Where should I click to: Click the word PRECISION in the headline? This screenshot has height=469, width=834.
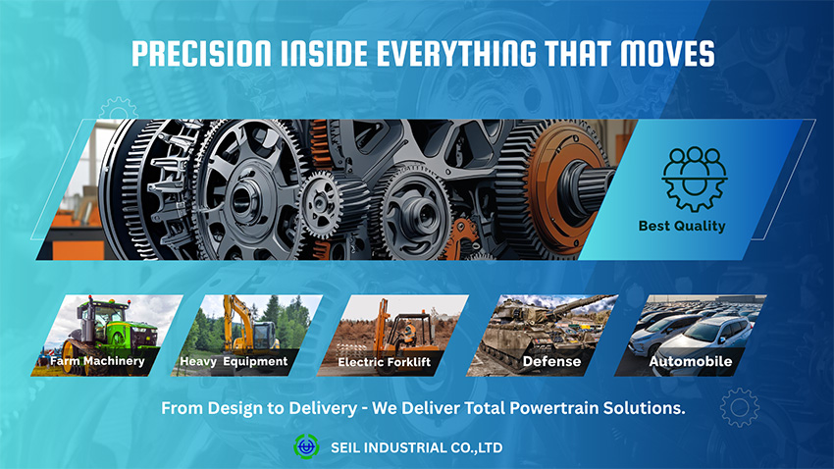201,54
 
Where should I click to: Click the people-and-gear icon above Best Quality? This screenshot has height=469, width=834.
694,180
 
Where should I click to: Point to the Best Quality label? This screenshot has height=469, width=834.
682,226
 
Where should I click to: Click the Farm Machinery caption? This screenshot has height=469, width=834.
97,360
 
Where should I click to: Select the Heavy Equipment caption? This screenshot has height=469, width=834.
234,361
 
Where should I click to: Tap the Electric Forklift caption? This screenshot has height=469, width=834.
384,362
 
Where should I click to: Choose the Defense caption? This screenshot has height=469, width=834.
551,362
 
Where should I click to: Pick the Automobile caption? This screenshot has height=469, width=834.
691,362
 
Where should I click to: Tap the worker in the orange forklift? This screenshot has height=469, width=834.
408,334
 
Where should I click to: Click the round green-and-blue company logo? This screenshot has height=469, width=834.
306,446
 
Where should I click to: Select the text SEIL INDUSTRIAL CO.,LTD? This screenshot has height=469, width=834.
416,447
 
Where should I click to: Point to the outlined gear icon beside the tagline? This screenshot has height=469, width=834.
740,407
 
